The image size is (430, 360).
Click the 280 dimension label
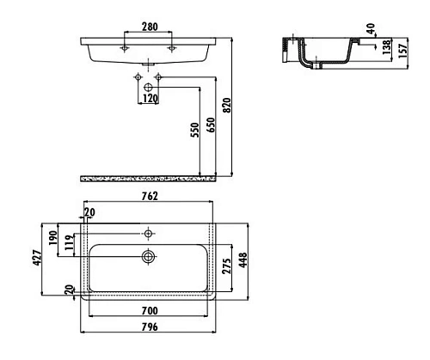point(149,26)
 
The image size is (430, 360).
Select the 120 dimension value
point(150,100)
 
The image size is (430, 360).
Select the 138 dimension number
point(389,49)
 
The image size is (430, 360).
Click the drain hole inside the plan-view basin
point(149,256)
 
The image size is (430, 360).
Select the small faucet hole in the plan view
point(149,233)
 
